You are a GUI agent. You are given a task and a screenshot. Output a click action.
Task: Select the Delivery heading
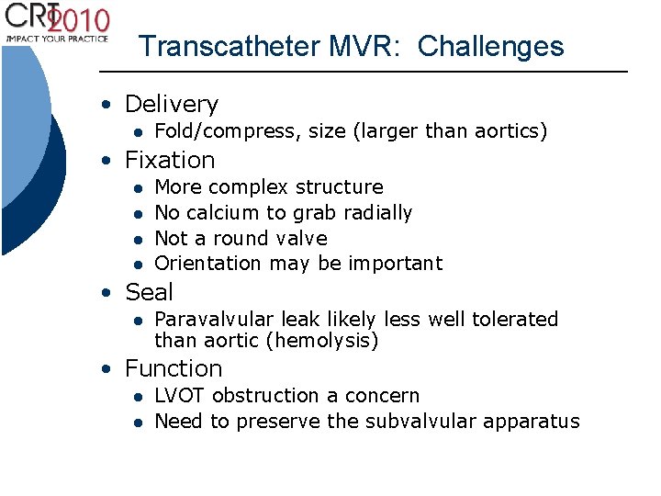[x=172, y=104]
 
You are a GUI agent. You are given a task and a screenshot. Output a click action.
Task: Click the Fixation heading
[x=170, y=160]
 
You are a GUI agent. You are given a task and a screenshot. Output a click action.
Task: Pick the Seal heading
[x=149, y=292]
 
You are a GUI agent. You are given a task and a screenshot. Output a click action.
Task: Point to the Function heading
[x=174, y=368]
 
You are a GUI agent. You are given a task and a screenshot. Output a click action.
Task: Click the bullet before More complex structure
[x=135, y=188]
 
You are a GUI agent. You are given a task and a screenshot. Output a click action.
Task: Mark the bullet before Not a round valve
[x=135, y=239]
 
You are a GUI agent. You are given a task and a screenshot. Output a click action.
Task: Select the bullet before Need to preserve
[x=135, y=423]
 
